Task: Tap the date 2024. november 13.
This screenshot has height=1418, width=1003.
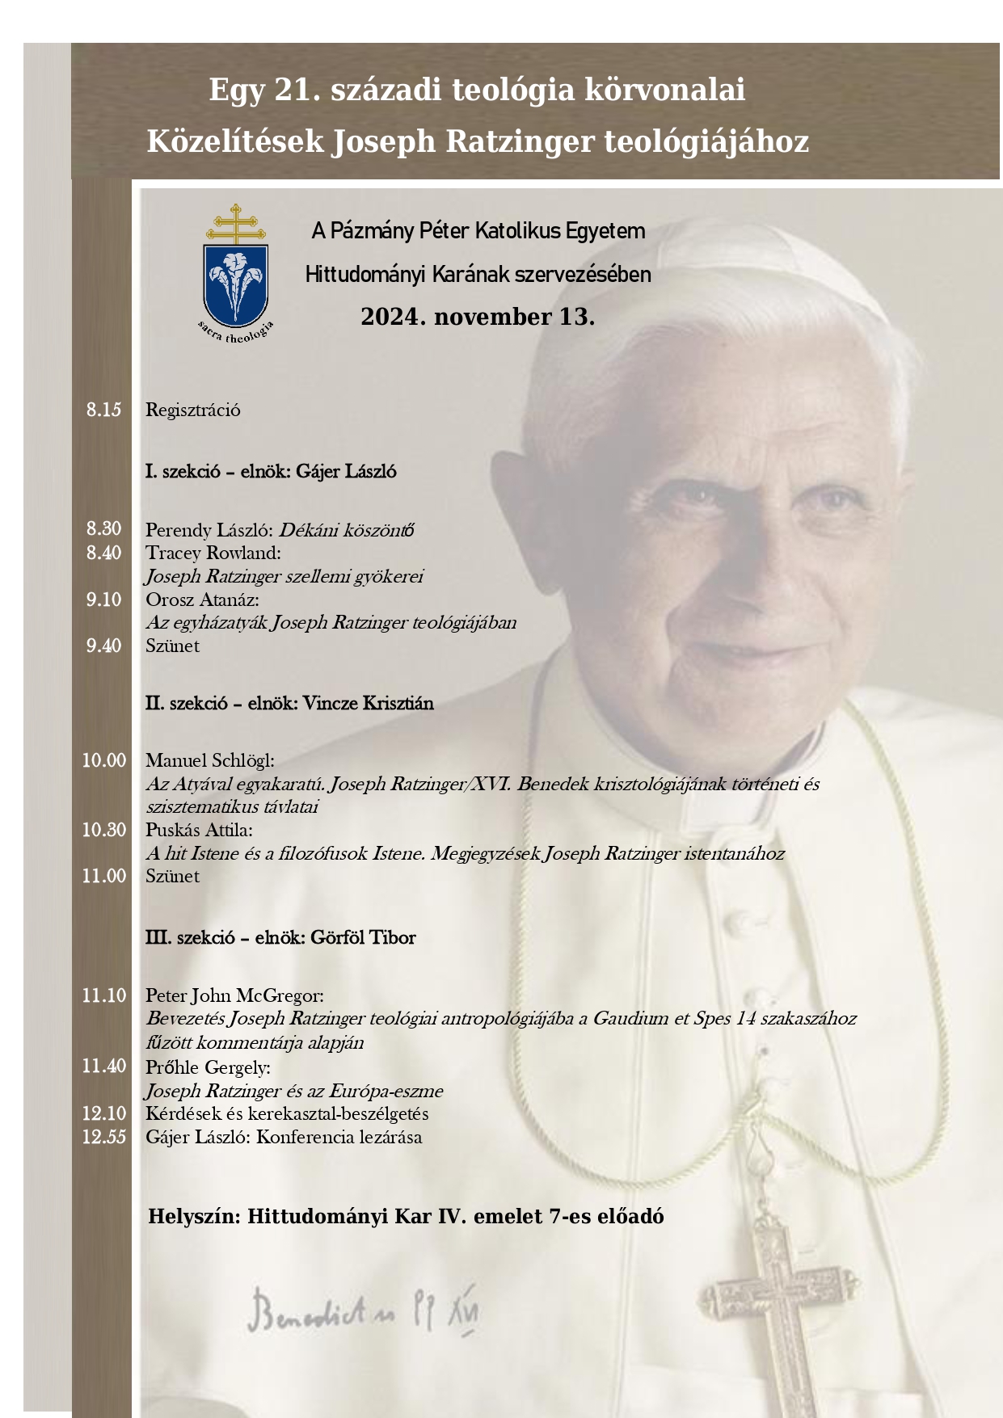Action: [478, 317]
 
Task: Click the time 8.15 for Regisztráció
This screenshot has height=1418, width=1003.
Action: [104, 410]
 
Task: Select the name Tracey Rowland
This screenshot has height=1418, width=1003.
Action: [213, 553]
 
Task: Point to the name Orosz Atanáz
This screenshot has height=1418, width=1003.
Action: [201, 600]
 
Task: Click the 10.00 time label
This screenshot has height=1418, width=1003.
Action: [104, 760]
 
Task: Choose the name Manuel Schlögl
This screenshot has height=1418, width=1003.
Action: [209, 760]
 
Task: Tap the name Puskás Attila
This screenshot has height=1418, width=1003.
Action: [199, 830]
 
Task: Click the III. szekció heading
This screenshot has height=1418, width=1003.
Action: [280, 938]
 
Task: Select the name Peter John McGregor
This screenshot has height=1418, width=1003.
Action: [234, 995]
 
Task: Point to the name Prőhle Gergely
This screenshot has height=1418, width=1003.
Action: [208, 1067]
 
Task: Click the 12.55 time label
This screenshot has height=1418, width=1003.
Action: [104, 1137]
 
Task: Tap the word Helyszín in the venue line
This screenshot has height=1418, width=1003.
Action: [194, 1216]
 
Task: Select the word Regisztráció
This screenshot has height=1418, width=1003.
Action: [192, 410]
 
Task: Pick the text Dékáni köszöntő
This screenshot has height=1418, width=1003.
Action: [347, 531]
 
